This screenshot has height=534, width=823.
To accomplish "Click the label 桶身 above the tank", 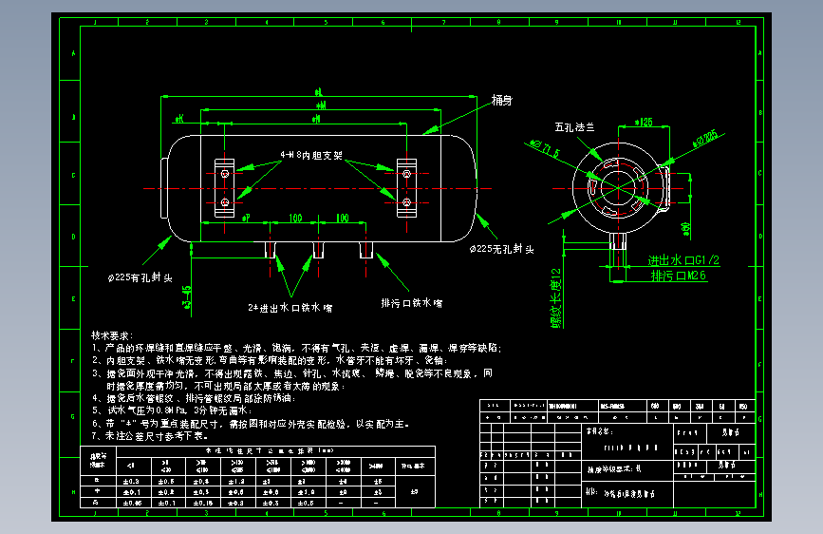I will point(502,100).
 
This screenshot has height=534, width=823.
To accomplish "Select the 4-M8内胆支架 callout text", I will point(311,154).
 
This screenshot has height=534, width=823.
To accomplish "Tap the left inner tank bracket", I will point(225,190).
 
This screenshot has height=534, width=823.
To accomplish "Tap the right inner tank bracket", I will point(406,190).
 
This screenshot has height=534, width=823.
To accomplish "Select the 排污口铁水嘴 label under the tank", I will point(411,303).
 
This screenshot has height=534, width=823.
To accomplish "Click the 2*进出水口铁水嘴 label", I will point(290,308).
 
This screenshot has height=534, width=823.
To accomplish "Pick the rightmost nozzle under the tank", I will point(366,250).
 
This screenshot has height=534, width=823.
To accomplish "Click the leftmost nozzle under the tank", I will point(271,250).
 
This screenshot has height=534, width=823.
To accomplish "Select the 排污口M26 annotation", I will point(680,276).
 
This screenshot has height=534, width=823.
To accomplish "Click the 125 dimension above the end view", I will point(645,123).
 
